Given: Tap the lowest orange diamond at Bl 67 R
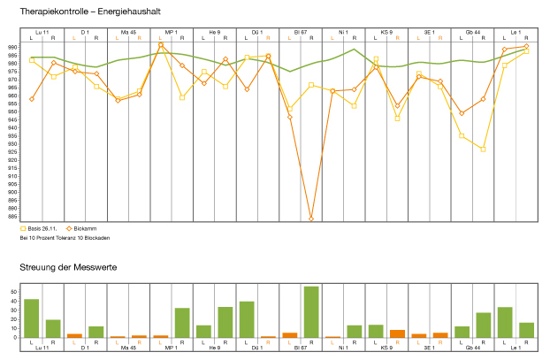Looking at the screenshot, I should coord(311,218).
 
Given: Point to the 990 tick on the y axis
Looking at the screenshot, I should coord(13,47).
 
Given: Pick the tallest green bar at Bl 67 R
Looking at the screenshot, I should coord(311,311).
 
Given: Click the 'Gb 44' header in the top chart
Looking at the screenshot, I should coord(473,32).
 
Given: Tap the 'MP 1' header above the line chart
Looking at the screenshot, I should coord(172,32).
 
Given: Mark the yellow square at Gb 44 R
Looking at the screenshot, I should coord(483,149).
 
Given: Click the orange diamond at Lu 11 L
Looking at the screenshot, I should coord(32,99).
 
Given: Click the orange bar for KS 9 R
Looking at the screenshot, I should coord(397,333).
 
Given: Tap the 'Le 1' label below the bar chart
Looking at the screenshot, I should coord(516,349).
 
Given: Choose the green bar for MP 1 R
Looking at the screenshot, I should coord(182,322).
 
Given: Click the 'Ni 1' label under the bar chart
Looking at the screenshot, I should coord(343,349).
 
